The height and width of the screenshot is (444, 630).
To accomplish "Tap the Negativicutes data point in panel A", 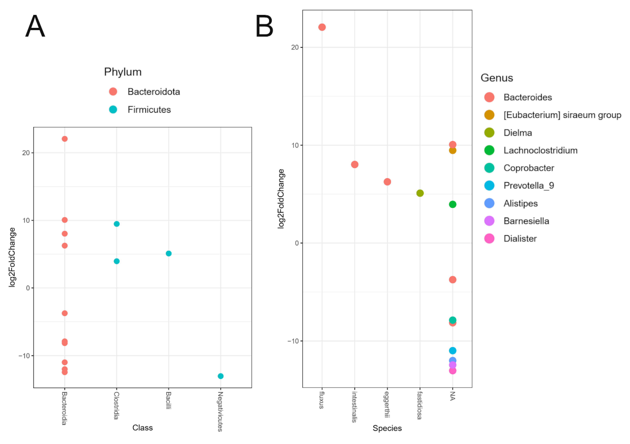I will tap(221, 376).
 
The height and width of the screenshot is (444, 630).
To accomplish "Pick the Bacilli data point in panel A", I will tap(169, 253).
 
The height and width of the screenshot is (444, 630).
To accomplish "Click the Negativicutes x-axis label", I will tap(220, 411).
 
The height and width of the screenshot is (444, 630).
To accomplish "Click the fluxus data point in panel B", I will tap(322, 27).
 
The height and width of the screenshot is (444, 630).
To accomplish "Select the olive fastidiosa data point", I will tap(420, 193).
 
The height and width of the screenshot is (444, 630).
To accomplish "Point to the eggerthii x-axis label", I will tap(387, 405).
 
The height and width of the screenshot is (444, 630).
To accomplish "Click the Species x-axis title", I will tap(387, 428).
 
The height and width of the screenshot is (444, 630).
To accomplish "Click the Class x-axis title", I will tap(142, 428).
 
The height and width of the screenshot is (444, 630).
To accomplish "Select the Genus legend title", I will tap(497, 78).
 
